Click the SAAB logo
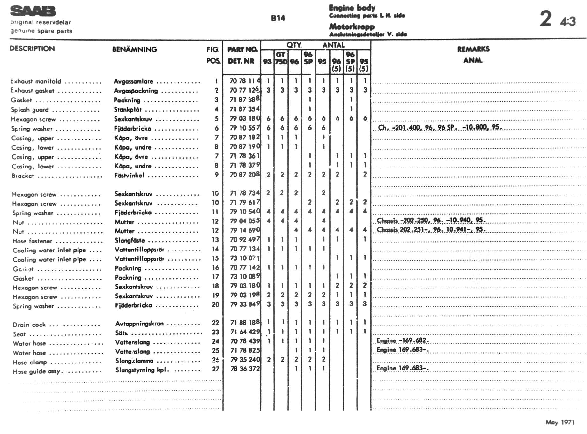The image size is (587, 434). (33, 11)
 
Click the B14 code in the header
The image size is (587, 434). (278, 18)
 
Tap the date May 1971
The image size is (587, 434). (560, 422)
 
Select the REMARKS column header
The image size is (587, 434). (473, 49)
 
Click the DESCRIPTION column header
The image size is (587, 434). (32, 49)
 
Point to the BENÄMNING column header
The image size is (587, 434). (134, 49)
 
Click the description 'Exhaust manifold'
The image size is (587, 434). (36, 81)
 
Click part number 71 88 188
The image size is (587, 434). (245, 323)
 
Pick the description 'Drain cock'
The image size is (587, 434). (29, 325)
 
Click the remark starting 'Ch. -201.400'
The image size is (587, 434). (440, 128)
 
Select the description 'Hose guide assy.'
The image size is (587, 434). (38, 371)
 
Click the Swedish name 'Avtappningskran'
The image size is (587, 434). (139, 324)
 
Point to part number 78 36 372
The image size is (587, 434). (245, 369)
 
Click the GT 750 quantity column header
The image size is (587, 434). (281, 58)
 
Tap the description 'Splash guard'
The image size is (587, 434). (30, 110)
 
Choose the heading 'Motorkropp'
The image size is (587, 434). (352, 26)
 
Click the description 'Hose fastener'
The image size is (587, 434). (32, 241)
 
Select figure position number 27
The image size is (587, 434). (216, 369)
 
